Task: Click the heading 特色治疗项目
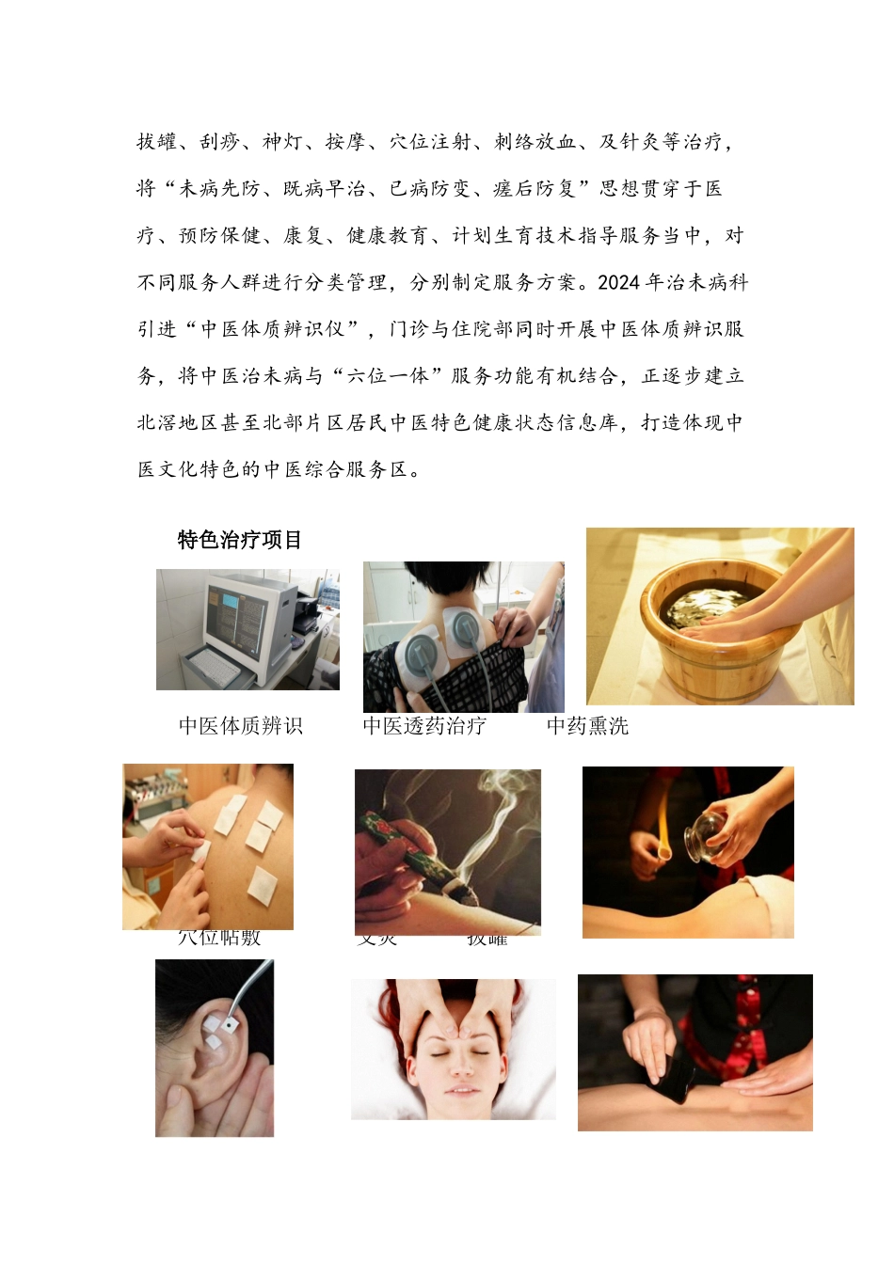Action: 240,540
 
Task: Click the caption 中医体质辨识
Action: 241,726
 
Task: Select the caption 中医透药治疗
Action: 425,726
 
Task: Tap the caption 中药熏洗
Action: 587,726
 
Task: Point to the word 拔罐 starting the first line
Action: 156,142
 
